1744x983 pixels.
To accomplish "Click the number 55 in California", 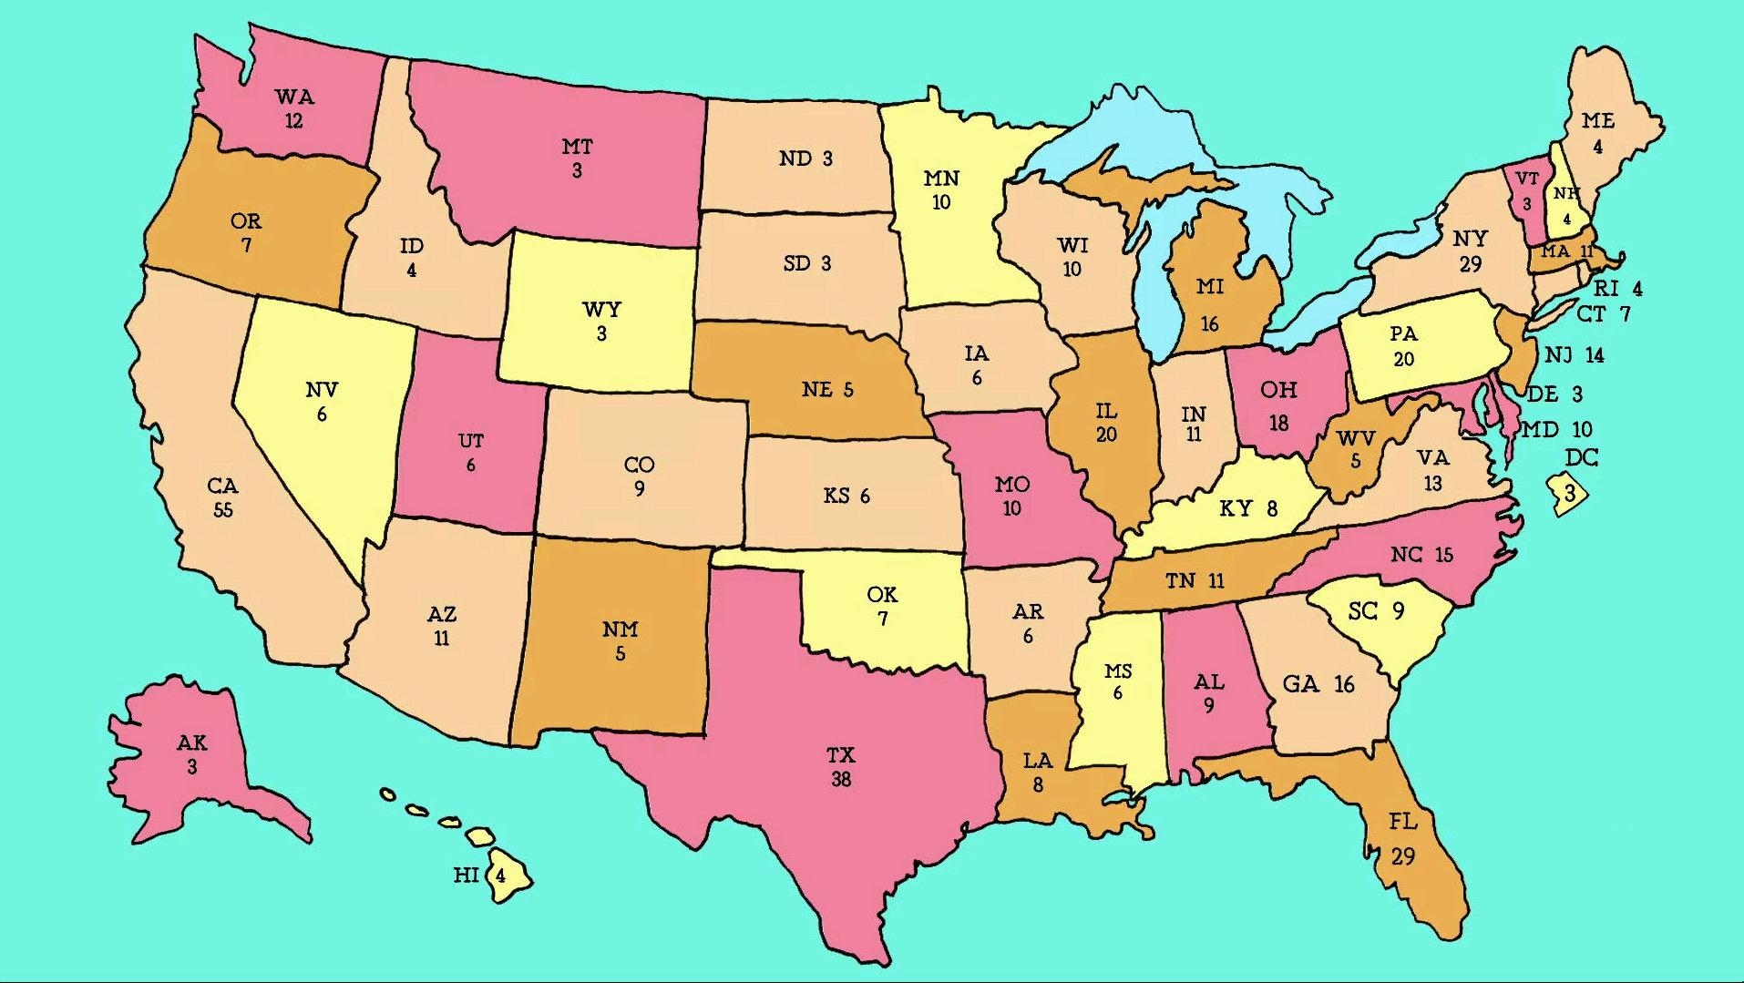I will click(x=223, y=510).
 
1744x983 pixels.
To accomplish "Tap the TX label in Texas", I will click(x=840, y=755).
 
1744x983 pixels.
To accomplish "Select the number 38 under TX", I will click(x=840, y=780).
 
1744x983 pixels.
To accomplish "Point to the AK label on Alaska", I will click(x=192, y=743).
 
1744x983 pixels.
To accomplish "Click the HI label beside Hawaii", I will click(x=466, y=875).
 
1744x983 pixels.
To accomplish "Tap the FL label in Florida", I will click(x=1403, y=822).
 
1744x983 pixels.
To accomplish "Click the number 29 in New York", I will click(x=1470, y=264).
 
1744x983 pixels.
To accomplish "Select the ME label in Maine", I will click(x=1598, y=121).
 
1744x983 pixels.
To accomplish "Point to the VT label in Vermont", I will click(x=1527, y=179).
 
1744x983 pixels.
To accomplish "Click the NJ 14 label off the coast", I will click(x=1574, y=355).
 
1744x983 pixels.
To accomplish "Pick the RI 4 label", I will click(x=1617, y=289).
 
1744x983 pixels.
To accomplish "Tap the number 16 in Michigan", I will click(x=1209, y=323).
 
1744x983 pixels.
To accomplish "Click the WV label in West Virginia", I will click(x=1355, y=439).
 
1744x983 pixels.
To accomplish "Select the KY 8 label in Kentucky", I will click(x=1248, y=508).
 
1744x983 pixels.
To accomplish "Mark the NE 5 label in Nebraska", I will click(x=827, y=390).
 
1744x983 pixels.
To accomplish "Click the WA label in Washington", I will click(x=293, y=97).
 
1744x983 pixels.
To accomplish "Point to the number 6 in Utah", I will click(x=470, y=466).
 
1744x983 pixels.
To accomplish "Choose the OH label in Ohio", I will click(x=1278, y=390).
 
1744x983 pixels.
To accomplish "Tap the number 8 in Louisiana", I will click(x=1037, y=784).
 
